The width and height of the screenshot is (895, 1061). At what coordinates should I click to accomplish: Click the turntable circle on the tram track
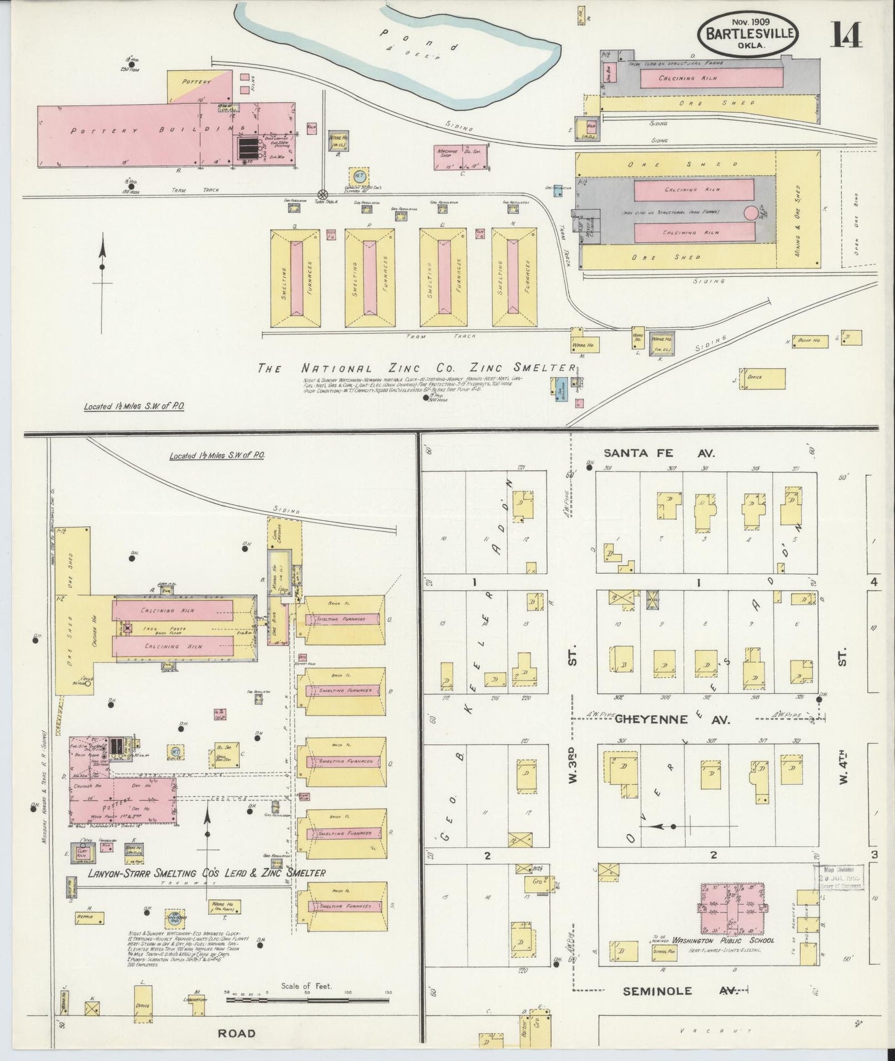(x=322, y=194)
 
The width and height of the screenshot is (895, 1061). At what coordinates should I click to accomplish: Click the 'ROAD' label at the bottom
(x=237, y=1033)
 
